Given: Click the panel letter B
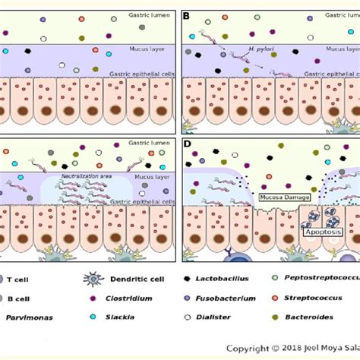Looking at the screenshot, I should point(187,14).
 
